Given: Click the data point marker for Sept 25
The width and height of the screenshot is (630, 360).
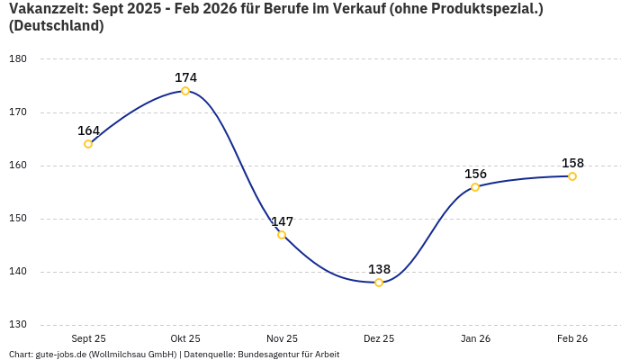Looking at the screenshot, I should click(x=88, y=144).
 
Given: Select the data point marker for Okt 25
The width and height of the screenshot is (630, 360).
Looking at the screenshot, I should click(x=185, y=91).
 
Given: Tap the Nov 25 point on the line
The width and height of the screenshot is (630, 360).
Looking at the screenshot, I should click(x=282, y=235).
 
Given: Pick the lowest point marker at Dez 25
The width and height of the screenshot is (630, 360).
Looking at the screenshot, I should click(x=379, y=283).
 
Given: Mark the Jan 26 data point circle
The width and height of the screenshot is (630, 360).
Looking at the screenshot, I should click(x=475, y=187).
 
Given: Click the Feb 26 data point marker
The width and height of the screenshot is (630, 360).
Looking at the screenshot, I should click(x=572, y=176).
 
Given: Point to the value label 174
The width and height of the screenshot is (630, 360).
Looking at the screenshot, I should click(x=185, y=77).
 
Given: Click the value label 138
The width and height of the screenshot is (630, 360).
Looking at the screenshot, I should click(x=379, y=269).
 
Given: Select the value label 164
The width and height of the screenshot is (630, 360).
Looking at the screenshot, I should click(x=88, y=130).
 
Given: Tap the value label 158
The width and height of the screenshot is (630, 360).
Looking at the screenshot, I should click(x=572, y=163).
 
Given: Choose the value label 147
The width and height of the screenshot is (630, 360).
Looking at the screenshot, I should click(x=282, y=221).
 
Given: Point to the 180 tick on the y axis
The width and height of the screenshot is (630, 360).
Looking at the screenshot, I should click(x=18, y=59).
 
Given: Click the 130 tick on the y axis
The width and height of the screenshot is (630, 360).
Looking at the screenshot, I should click(x=18, y=325).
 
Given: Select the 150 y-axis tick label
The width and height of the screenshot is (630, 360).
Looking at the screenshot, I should click(x=18, y=219).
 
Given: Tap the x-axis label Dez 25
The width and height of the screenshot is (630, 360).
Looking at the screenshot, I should click(x=379, y=338).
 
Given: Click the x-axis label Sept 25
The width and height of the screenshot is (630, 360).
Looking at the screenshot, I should click(x=88, y=338).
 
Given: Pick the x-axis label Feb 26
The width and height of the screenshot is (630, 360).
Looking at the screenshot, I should click(x=572, y=338).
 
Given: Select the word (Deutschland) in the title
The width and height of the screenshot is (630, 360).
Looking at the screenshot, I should click(x=56, y=26).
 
